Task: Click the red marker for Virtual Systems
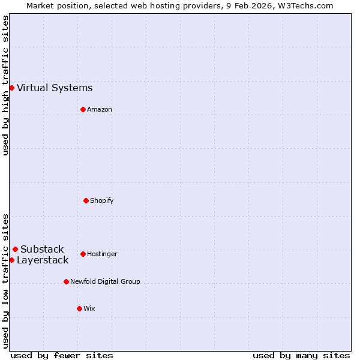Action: [11, 88]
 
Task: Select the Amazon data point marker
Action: [83, 109]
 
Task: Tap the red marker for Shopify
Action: [86, 200]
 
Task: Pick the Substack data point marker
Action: [15, 249]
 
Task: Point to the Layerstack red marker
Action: [11, 260]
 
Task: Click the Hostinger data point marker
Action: [83, 254]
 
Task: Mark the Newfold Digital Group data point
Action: [66, 281]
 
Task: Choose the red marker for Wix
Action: [79, 308]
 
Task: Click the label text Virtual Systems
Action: [55, 88]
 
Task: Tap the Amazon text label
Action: [100, 110]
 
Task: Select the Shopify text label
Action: [102, 201]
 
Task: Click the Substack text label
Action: [42, 250]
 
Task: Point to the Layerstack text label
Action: [43, 260]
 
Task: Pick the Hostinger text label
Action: [102, 254]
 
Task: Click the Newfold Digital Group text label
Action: [105, 282]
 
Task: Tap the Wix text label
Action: [89, 309]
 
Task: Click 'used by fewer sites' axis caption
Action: [62, 355]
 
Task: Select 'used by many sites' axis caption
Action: [301, 355]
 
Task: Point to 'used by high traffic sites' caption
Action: [5, 85]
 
